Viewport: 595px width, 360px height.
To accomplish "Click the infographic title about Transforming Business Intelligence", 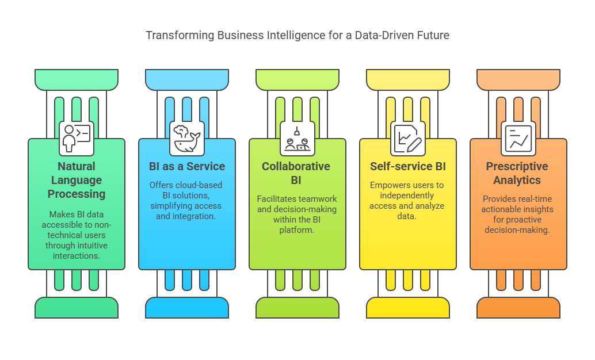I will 297,35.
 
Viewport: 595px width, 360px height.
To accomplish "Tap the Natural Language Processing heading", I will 77,180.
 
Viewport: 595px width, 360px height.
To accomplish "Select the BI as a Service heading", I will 187,167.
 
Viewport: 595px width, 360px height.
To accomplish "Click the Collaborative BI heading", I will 297,173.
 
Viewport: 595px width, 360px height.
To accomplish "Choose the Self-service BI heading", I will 408,167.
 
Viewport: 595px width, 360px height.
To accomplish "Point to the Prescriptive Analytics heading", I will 518,173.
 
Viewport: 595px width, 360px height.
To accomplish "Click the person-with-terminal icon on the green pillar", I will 77,138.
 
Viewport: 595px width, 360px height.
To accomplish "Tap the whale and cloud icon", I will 187,138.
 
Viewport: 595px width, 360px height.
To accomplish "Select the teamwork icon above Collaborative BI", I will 297,138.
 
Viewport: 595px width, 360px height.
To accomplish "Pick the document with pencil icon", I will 408,138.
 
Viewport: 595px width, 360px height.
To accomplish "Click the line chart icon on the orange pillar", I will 518,138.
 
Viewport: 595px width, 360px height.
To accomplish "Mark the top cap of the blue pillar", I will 187,79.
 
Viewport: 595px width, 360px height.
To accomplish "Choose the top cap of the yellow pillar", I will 408,79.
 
